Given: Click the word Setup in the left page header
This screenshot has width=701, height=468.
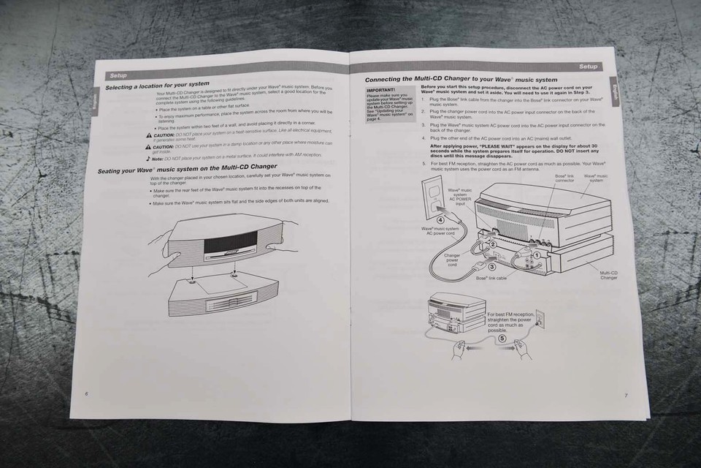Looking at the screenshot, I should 118,75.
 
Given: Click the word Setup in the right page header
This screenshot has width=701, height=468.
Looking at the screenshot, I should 588,67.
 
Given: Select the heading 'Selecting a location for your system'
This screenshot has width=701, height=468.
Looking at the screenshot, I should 157,86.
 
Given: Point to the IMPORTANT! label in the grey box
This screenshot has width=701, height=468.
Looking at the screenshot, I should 382,90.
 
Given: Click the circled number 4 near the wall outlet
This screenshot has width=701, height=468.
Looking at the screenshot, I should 440,217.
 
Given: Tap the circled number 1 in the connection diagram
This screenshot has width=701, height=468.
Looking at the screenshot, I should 537,255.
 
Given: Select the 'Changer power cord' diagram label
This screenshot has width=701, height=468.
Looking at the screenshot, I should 453,260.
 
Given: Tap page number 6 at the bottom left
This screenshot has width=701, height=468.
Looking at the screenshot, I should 86,393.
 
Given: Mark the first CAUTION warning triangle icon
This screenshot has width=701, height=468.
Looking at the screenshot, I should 149,135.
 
